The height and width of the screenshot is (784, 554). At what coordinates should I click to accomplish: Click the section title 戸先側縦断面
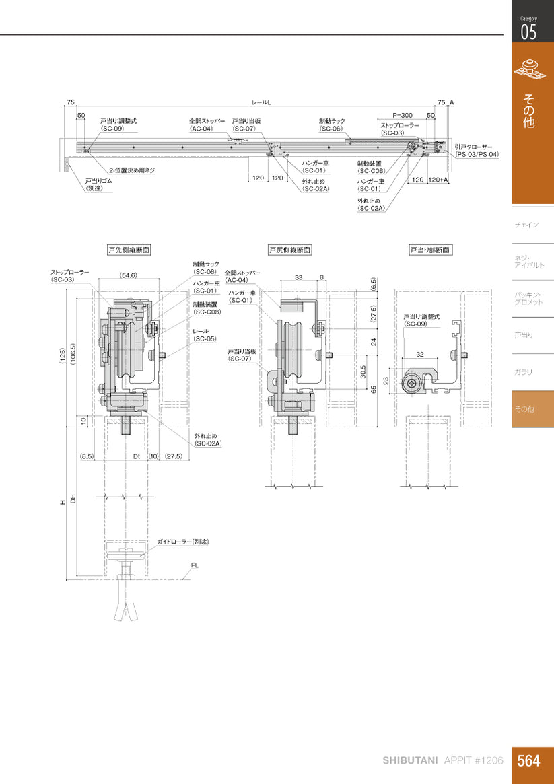click(x=129, y=250)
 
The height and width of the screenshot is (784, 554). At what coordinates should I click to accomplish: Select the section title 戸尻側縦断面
click(x=289, y=250)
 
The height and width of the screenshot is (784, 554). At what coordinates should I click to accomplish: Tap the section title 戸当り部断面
click(x=431, y=250)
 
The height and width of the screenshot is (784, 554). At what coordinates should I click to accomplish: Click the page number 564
click(x=529, y=760)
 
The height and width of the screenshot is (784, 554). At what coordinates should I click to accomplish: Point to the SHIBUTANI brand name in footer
click(x=411, y=760)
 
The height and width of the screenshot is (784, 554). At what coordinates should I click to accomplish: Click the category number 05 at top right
click(x=528, y=32)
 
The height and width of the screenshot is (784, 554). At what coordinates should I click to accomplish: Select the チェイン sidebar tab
click(x=526, y=225)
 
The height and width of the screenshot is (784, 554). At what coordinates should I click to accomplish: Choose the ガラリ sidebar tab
click(x=523, y=372)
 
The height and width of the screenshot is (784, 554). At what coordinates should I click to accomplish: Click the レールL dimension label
click(x=261, y=102)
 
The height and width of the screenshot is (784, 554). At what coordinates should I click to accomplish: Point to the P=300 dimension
click(x=403, y=115)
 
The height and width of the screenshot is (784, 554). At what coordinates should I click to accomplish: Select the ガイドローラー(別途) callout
click(x=183, y=541)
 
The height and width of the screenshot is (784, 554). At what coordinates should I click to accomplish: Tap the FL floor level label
click(x=195, y=566)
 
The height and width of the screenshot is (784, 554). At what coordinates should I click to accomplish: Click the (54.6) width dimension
click(x=129, y=275)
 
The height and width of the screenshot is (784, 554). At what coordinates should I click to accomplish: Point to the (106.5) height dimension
click(x=73, y=356)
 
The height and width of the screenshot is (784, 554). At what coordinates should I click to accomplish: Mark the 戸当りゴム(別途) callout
click(x=98, y=184)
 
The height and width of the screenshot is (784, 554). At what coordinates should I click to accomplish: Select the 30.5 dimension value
click(x=363, y=371)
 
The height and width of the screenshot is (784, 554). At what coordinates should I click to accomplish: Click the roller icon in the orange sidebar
click(x=532, y=69)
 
